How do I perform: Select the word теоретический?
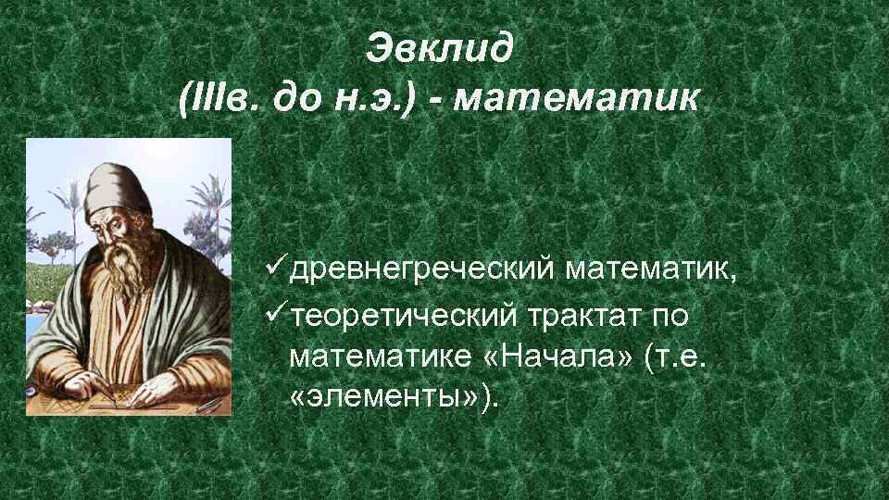pos(404,316)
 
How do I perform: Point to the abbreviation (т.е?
pos(673,356)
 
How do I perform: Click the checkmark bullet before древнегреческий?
pos(274,268)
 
